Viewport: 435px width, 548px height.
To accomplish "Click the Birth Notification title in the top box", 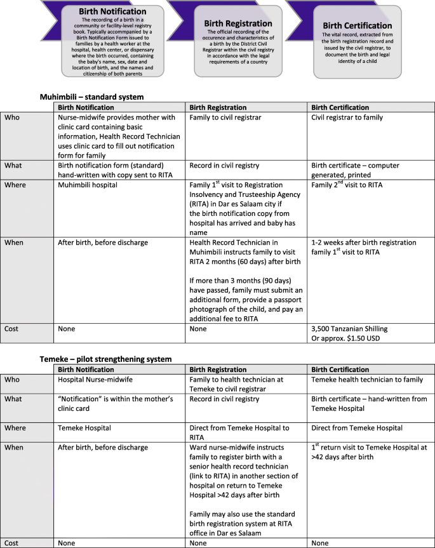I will (x=112, y=11).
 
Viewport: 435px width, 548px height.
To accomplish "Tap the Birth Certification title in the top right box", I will (x=358, y=25).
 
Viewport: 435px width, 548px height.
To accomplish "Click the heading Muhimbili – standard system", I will (x=92, y=97).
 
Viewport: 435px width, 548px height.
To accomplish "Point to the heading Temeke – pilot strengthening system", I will (x=106, y=359).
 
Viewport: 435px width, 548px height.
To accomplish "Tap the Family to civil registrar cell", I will (x=225, y=117).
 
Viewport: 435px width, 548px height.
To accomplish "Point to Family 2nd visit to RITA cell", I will (x=347, y=185).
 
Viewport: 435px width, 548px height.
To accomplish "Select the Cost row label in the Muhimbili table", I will (x=11, y=329).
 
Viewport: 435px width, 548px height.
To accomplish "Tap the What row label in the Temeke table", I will (x=13, y=399).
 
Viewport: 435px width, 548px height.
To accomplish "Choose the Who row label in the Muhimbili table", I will (x=11, y=117).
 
